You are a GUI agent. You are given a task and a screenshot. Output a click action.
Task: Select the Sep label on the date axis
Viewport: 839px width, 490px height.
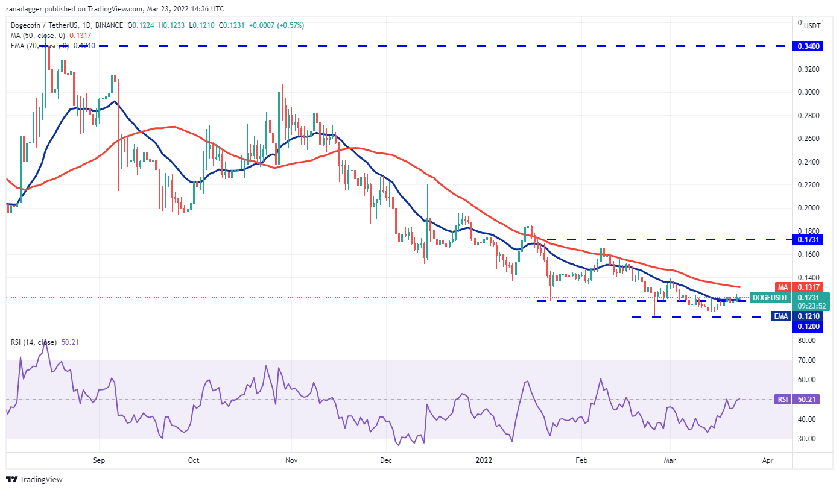pos(100,460)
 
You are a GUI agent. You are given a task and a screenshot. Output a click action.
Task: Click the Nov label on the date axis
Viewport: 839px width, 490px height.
pos(291,460)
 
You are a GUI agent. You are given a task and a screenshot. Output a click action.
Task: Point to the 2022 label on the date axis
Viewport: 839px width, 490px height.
pos(484,460)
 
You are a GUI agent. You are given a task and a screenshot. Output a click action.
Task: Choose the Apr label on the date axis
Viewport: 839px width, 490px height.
pos(767,460)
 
